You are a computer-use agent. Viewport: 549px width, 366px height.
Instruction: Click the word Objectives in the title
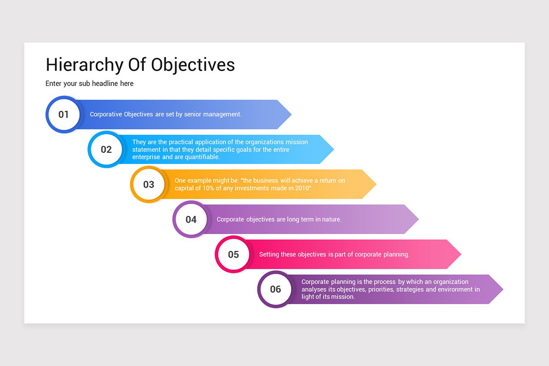pos(193,65)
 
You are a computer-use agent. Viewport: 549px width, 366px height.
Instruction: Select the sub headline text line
pos(90,84)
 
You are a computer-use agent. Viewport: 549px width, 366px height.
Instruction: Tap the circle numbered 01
pos(64,114)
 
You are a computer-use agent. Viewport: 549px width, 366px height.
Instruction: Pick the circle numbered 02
pos(106,150)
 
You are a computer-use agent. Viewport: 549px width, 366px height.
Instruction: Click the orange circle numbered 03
pos(149,184)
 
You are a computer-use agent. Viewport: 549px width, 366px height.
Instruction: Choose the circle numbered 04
pos(191,220)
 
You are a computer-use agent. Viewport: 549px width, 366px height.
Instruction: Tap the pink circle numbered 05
pos(233,254)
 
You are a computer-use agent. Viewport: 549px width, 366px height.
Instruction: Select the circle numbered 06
pos(275,289)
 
